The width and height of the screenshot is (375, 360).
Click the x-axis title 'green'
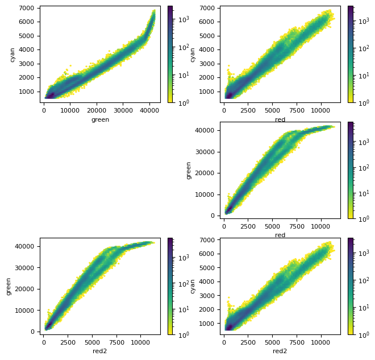pos(100,119)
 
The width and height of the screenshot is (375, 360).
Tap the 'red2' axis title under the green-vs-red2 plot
pos(100,351)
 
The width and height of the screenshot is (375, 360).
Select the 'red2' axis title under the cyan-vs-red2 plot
pos(280,351)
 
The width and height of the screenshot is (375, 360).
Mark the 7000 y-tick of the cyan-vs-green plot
pos(29,8)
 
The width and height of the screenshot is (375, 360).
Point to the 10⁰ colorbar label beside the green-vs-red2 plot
pos(183,335)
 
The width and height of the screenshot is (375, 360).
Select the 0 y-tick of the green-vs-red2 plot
pos(34,332)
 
